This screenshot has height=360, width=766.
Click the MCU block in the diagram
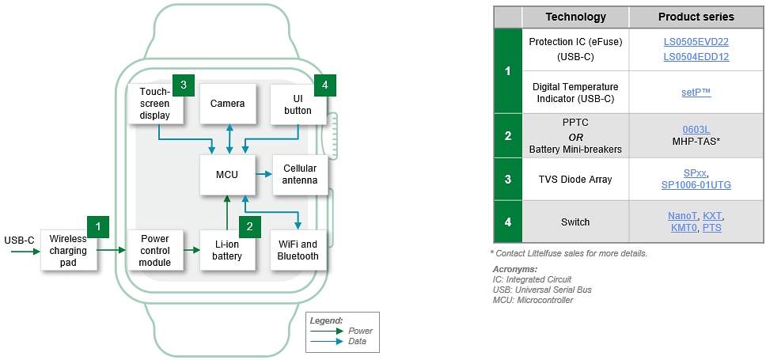(x=227, y=174)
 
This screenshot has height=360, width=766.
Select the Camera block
(x=227, y=104)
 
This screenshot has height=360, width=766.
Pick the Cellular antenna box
(x=301, y=174)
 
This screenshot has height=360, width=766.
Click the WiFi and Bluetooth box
(x=298, y=251)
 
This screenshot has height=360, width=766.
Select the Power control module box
(x=155, y=251)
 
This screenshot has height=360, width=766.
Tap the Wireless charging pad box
(x=68, y=251)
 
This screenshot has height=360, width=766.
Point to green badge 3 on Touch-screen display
(x=183, y=84)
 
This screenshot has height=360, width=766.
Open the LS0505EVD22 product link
(x=696, y=41)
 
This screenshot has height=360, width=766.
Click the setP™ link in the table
(x=696, y=93)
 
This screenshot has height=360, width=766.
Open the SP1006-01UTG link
(x=696, y=185)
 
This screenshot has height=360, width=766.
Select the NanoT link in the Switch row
(x=682, y=216)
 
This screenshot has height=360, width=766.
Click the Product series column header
(x=696, y=17)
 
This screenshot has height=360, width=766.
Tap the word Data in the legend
(x=356, y=341)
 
